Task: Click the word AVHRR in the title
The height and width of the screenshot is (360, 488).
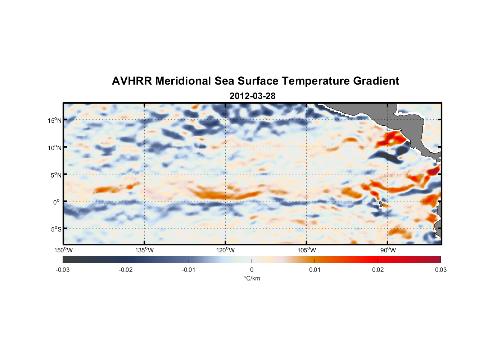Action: [132, 81]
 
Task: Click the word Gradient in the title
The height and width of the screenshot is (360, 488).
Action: [376, 81]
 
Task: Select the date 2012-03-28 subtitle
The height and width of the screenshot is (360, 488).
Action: [252, 96]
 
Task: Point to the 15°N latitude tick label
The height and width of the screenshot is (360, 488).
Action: [54, 120]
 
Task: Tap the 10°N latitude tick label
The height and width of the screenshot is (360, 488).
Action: [54, 148]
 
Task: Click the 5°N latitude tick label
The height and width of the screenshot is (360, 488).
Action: [56, 175]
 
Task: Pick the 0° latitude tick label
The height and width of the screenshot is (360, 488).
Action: [57, 202]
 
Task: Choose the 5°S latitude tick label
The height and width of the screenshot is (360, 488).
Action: [56, 229]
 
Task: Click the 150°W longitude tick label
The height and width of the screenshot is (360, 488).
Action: [63, 250]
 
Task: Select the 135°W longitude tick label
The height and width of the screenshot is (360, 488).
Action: [144, 250]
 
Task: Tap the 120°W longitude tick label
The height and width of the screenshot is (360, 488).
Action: [225, 250]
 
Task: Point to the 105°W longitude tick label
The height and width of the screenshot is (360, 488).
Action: [307, 250]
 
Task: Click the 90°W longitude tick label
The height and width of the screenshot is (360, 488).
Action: [388, 250]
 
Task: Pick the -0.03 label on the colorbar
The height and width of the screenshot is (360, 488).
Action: [63, 270]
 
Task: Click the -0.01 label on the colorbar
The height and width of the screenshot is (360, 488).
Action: [189, 270]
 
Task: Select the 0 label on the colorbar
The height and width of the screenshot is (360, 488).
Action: [252, 270]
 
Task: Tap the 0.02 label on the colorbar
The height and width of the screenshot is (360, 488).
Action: [378, 270]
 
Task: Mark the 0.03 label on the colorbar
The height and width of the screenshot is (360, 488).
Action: [440, 270]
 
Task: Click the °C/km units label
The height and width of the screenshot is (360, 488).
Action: [252, 278]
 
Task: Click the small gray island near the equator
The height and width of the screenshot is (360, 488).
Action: [380, 204]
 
